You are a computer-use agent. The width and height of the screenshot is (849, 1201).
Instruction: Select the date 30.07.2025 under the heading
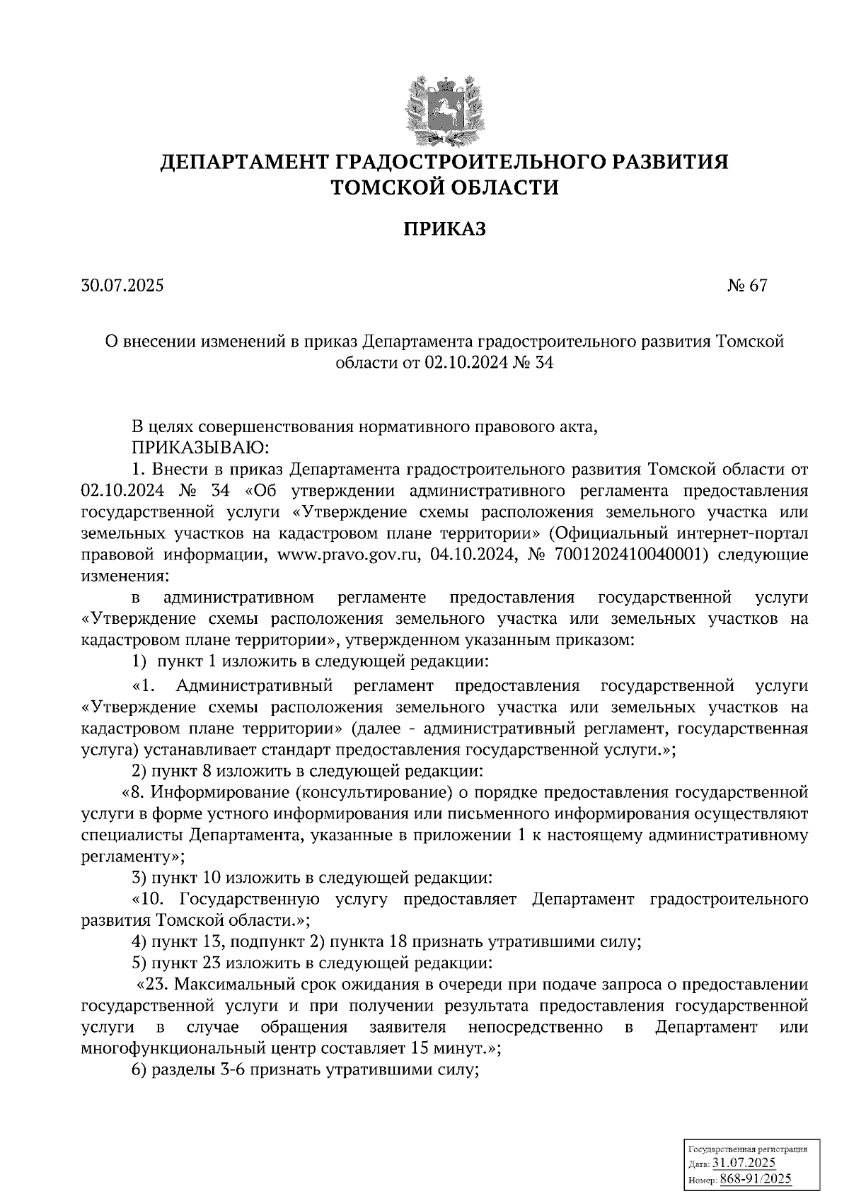click(122, 286)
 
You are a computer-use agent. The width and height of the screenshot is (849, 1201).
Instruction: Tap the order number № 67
click(746, 286)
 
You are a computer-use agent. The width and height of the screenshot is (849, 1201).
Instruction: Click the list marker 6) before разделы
click(139, 1070)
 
